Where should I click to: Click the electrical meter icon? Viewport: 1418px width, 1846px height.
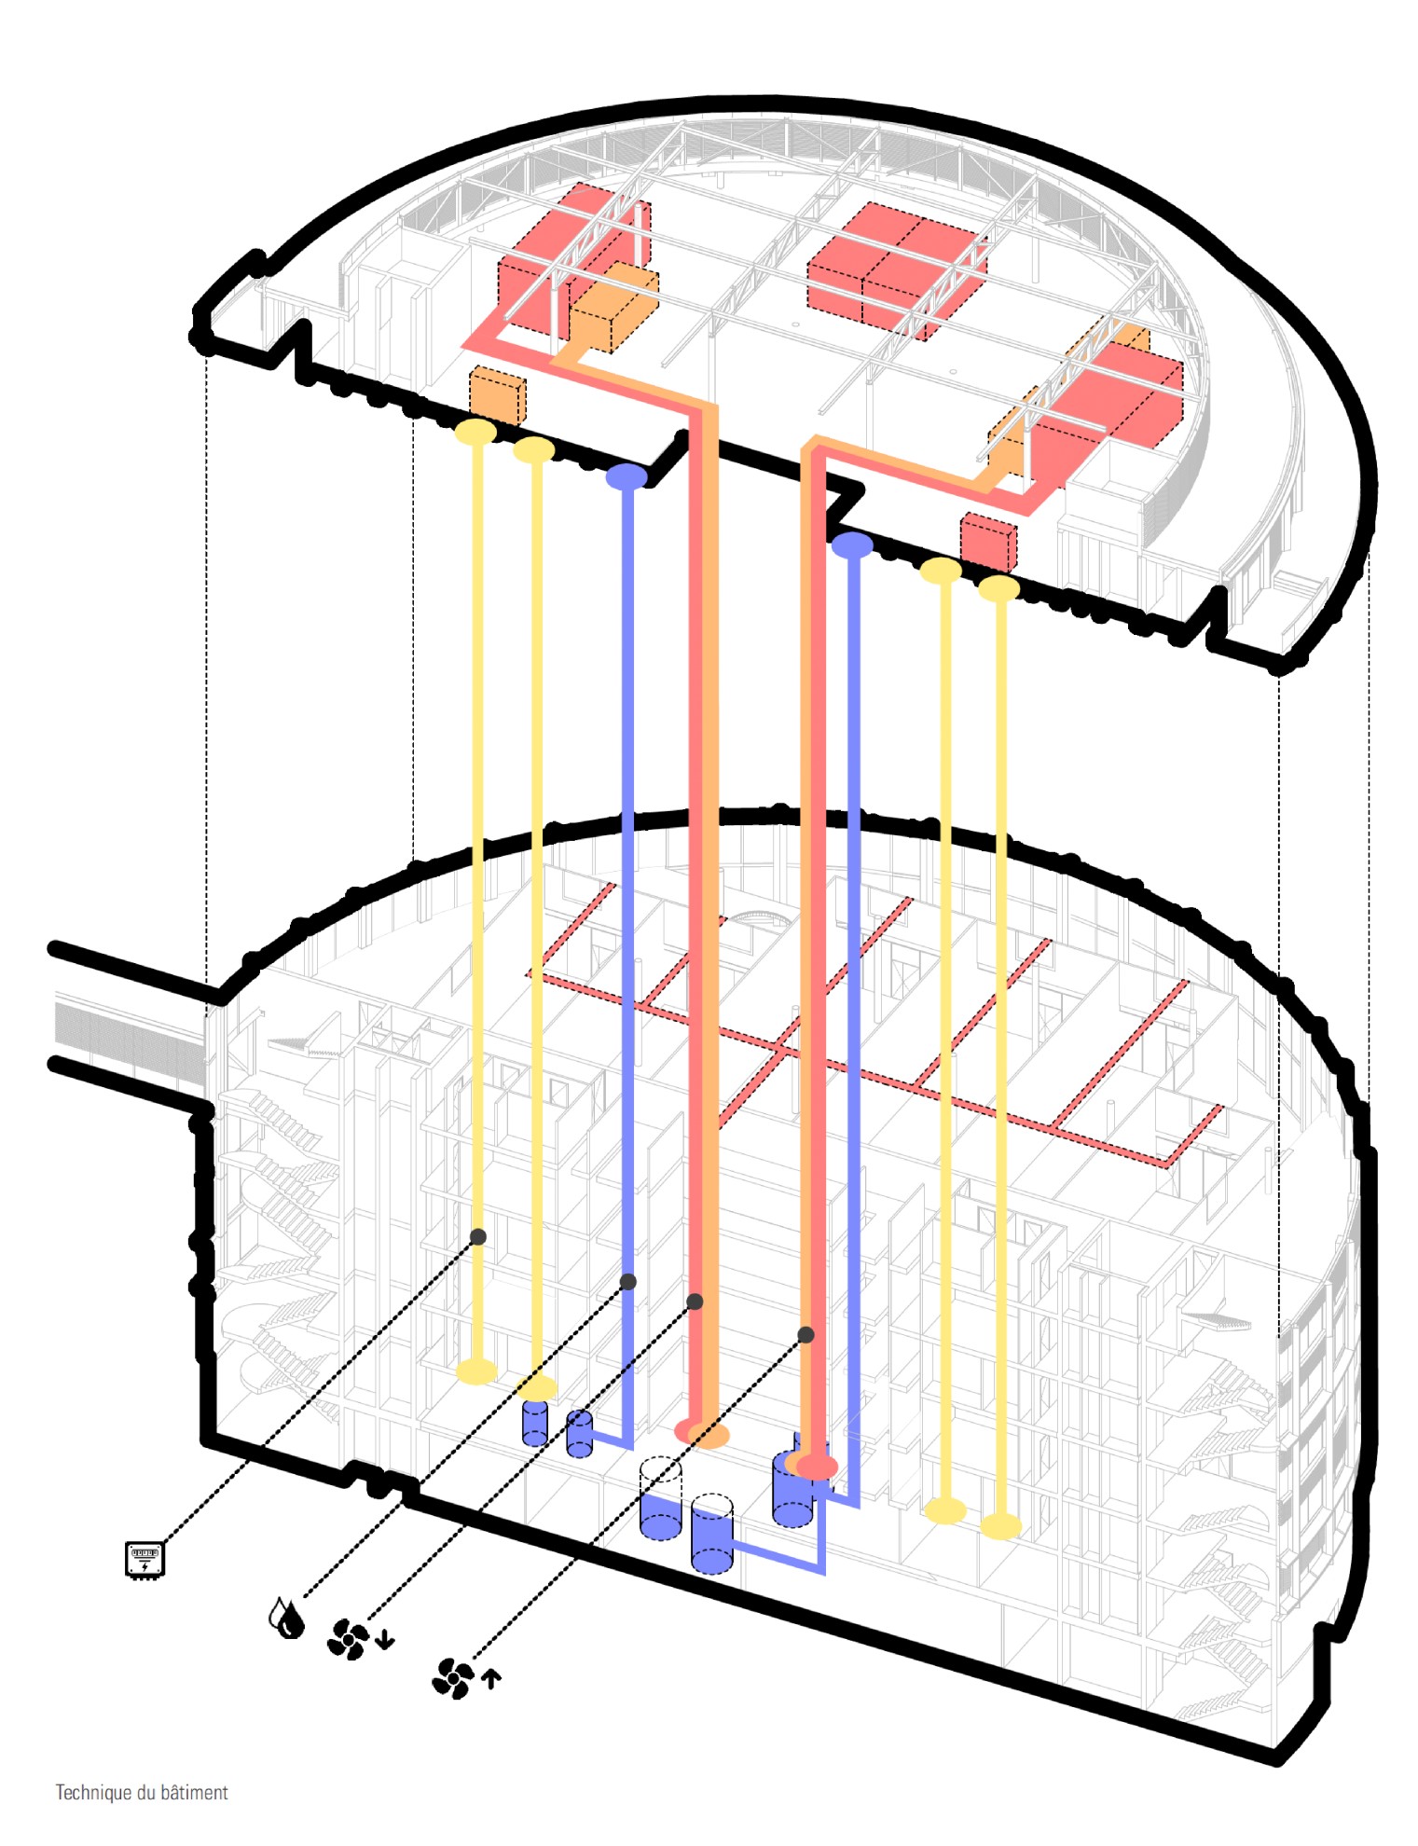(x=145, y=1559)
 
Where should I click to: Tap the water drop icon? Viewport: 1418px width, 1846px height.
(x=286, y=1618)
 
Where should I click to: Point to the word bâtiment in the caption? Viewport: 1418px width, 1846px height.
(x=194, y=1792)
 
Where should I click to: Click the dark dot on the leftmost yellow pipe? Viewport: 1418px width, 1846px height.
(x=478, y=1236)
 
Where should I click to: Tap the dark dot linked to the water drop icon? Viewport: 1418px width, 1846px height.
(x=628, y=1282)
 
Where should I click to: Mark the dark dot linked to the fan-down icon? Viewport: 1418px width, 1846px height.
(x=695, y=1301)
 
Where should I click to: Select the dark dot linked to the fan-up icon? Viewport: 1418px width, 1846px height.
(x=806, y=1335)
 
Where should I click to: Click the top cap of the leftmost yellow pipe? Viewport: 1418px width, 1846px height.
(x=475, y=432)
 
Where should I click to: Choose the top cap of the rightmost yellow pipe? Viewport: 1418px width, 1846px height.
(x=999, y=588)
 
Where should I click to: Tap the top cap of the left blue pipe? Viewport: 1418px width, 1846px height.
(x=626, y=476)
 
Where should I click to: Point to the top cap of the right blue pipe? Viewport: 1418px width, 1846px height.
(x=852, y=545)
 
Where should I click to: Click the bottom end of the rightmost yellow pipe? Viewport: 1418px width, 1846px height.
(x=1000, y=1525)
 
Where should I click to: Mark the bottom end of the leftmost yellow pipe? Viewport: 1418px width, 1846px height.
(x=476, y=1371)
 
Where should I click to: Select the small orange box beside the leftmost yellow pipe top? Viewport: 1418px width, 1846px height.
(x=497, y=395)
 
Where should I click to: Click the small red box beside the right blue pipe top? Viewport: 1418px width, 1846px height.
(x=988, y=542)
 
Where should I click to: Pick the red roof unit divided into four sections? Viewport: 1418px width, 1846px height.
(x=897, y=270)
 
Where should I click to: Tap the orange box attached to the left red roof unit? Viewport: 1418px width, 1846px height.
(x=613, y=308)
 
